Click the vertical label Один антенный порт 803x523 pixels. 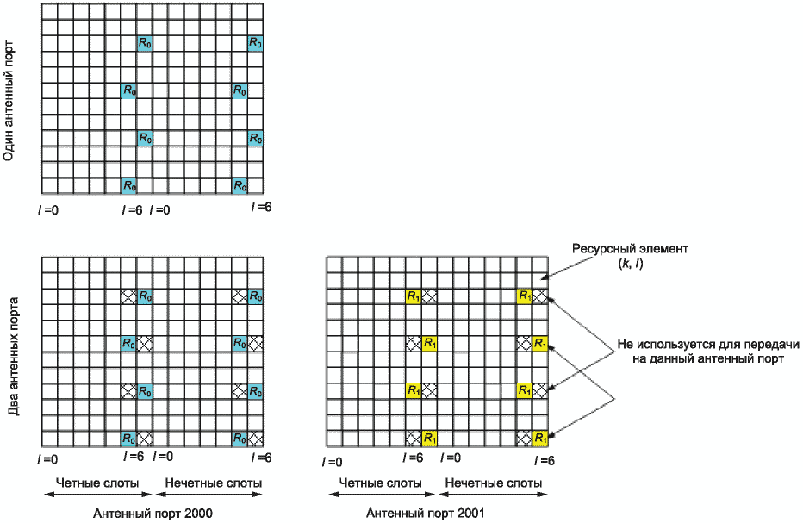pyautogui.click(x=9, y=102)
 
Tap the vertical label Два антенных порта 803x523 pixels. pyautogui.click(x=14, y=357)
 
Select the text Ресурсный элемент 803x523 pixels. pyautogui.click(x=630, y=249)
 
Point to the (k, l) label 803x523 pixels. pyautogui.click(x=631, y=264)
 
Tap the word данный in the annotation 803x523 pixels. pyautogui.click(x=669, y=358)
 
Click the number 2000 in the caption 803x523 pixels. pyautogui.click(x=198, y=513)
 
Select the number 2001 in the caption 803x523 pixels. pyautogui.click(x=470, y=513)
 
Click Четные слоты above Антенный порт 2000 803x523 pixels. pyautogui.click(x=96, y=483)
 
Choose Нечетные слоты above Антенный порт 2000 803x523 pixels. pyautogui.click(x=214, y=483)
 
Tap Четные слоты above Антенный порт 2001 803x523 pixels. pyautogui.click(x=381, y=483)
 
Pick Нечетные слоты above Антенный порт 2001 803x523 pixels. pyautogui.click(x=494, y=483)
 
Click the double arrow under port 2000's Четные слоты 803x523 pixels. pyautogui.click(x=98, y=495)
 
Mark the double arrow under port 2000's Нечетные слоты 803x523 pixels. pyautogui.click(x=209, y=495)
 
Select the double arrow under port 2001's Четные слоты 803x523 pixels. pyautogui.click(x=382, y=495)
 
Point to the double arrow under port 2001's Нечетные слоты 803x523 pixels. pyautogui.click(x=493, y=495)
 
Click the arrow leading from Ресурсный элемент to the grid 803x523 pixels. pyautogui.click(x=566, y=267)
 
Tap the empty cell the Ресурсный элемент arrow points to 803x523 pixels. pyautogui.click(x=539, y=281)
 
